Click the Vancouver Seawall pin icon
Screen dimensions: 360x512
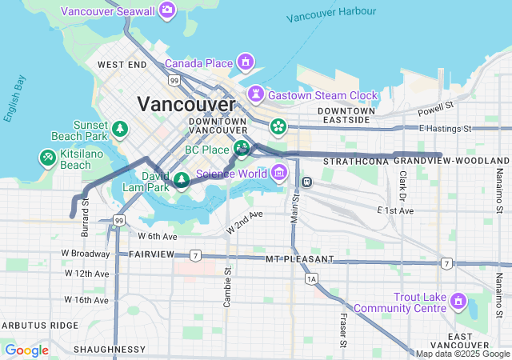(167, 10)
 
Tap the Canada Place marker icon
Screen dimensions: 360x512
(245, 62)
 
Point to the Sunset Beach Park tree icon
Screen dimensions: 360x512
(120, 128)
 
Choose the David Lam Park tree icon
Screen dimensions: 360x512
(182, 179)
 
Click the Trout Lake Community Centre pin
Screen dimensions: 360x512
(458, 302)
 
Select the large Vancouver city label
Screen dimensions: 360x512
(186, 104)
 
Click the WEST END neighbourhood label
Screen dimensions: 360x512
(122, 64)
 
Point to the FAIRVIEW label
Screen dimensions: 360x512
(151, 254)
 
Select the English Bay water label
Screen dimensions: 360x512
(14, 98)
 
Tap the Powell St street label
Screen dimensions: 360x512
(435, 106)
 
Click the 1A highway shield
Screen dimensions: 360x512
(311, 278)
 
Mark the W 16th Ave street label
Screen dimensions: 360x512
(86, 300)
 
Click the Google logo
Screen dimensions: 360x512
(26, 350)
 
